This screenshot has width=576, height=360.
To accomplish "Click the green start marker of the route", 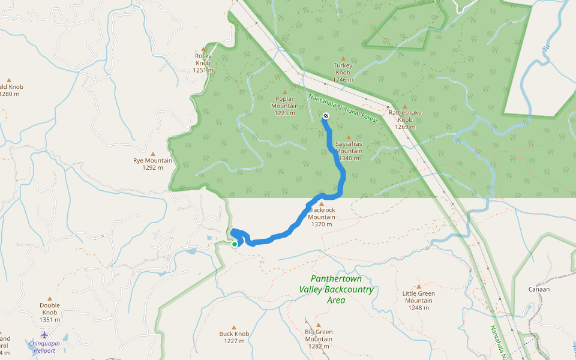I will click(235, 244).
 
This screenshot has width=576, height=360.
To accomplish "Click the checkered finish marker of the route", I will click(325, 116).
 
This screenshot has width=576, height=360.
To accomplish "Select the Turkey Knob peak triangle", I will click(343, 59).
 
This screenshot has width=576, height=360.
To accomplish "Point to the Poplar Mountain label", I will click(285, 102).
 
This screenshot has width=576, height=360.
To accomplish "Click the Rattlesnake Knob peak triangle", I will click(404, 106).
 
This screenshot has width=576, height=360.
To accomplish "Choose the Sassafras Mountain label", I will click(349, 148).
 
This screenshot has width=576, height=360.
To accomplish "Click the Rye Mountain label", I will click(152, 161).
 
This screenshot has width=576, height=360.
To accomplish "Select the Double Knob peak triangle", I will click(50, 298).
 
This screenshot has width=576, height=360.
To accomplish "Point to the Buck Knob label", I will click(234, 334).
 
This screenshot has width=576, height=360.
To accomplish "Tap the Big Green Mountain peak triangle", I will click(319, 325).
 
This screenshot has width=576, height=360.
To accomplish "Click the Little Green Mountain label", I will click(418, 297).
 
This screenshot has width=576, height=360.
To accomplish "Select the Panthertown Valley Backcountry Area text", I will click(336, 289).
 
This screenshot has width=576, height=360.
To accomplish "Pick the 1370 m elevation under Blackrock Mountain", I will click(322, 224).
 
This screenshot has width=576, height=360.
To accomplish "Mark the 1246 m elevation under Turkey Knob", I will click(343, 79).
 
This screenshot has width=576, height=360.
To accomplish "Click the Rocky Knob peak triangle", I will click(203, 49).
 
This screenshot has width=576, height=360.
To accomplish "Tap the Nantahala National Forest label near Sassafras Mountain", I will click(343, 109).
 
